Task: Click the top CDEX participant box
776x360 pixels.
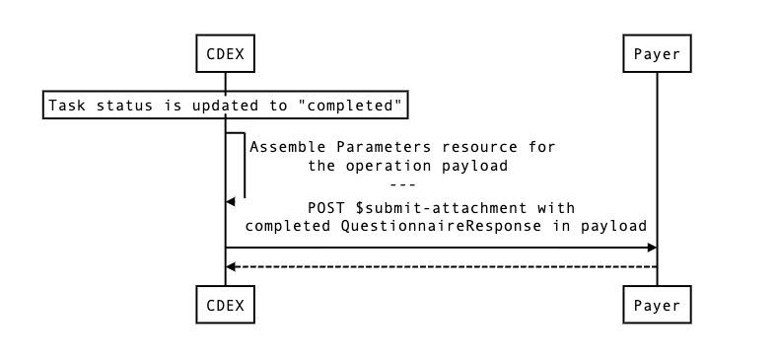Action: pos(225,54)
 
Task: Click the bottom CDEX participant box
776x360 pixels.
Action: pos(225,305)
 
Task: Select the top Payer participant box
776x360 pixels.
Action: pos(657,54)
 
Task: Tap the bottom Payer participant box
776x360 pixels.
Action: pos(657,305)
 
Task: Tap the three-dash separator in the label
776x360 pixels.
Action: pos(402,185)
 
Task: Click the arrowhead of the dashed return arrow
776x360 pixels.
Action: pos(231,266)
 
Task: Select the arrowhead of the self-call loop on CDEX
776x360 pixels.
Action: pos(231,201)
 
